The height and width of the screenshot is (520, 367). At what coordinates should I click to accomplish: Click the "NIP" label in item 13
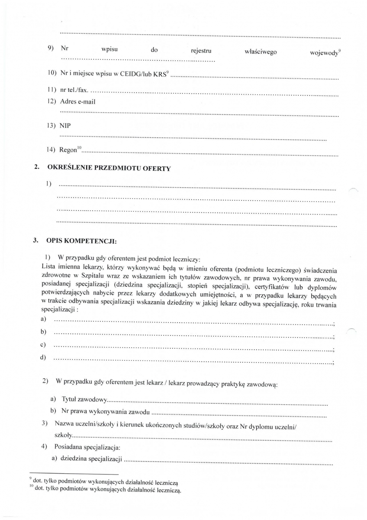click(x=65, y=126)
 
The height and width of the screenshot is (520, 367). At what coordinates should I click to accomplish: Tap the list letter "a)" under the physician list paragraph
click(x=43, y=319)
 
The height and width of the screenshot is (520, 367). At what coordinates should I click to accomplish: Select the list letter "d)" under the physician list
click(x=43, y=357)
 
